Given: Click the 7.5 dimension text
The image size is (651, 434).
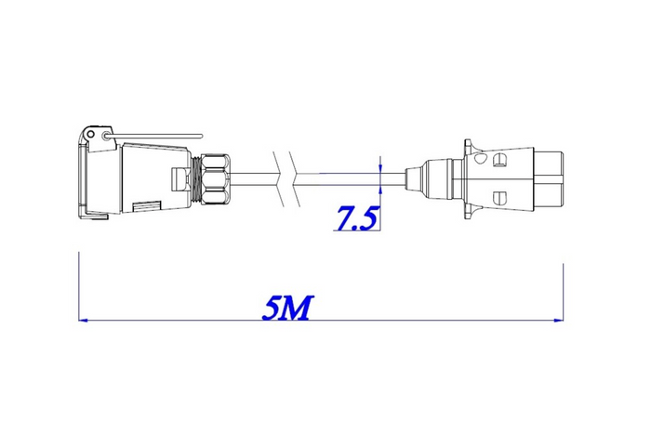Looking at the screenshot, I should pyautogui.click(x=356, y=219).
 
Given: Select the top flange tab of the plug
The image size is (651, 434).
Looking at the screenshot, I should pyautogui.click(x=470, y=146).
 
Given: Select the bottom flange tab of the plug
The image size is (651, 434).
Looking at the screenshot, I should pyautogui.click(x=470, y=209).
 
